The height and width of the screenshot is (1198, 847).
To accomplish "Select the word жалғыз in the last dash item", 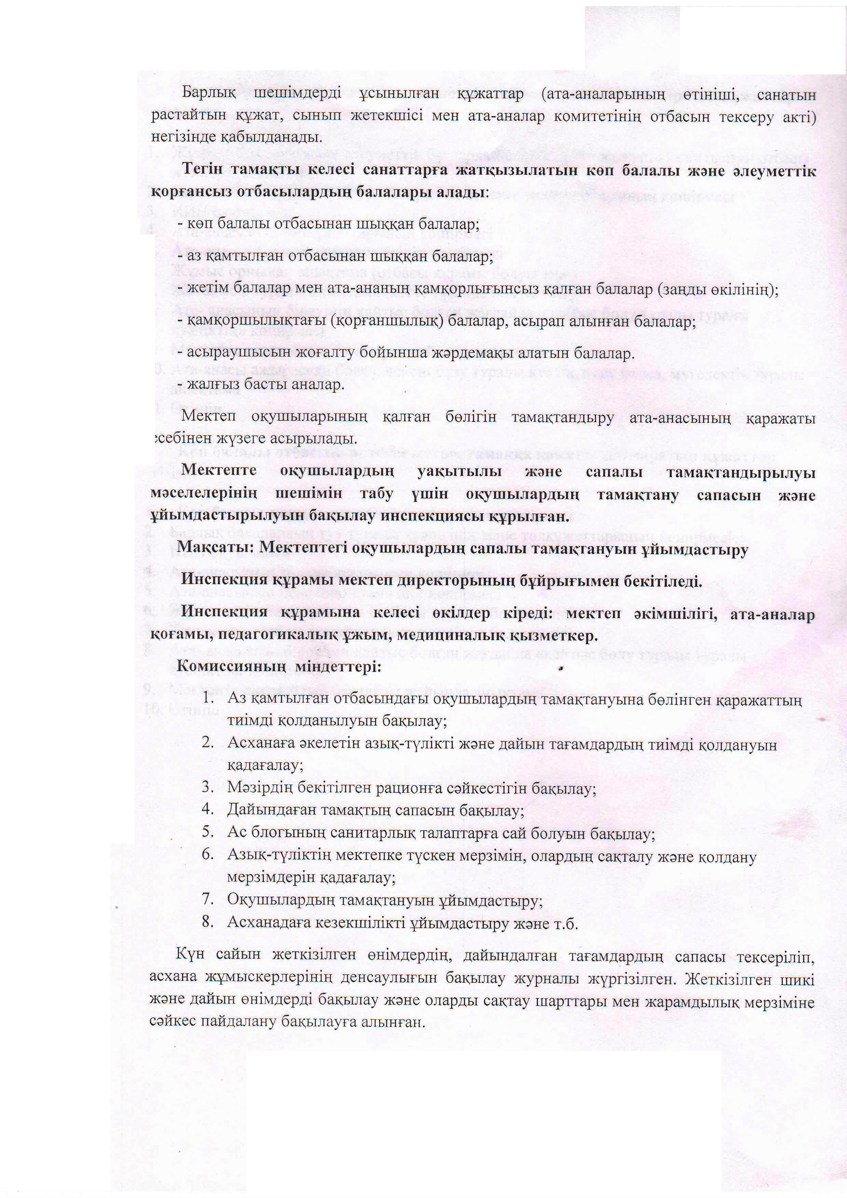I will (209, 385).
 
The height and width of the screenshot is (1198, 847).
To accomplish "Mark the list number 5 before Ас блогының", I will (208, 833).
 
